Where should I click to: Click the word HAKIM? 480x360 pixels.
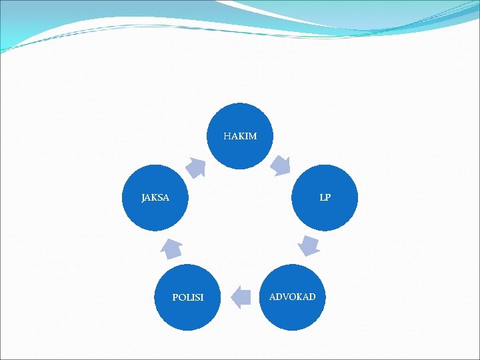240,136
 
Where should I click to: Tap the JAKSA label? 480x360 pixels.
155,197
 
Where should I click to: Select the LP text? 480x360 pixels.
325,197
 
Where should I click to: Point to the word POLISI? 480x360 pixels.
188,297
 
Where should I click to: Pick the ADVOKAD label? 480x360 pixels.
292,296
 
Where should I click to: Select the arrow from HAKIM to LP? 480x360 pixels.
281,164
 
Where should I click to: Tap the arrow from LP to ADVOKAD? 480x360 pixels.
309,245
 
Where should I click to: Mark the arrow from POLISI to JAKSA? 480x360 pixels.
171,248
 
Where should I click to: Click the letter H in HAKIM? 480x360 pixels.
227,136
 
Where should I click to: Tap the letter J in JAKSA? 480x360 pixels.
143,198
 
